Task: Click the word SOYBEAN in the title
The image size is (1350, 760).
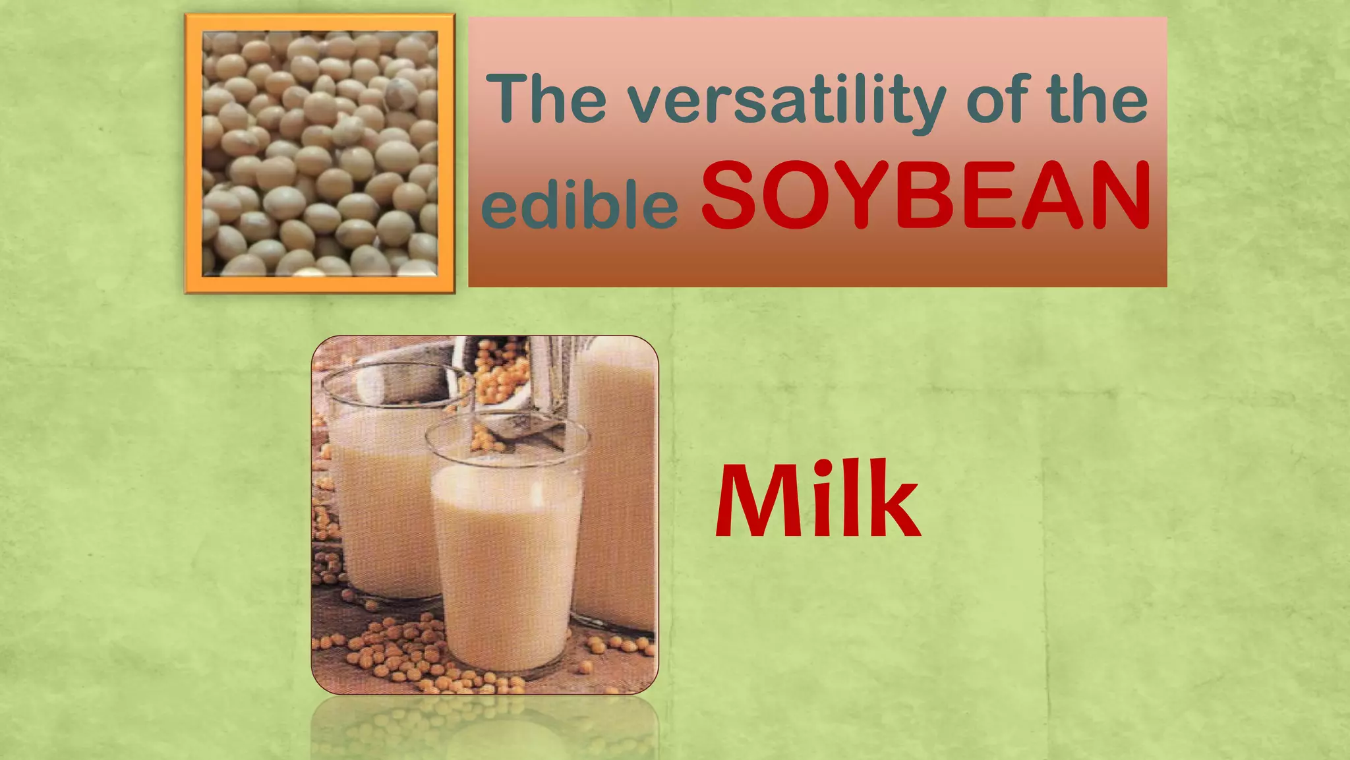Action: [x=926, y=196]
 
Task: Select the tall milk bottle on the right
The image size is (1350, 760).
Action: [x=616, y=481]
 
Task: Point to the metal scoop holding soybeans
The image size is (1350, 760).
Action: [x=501, y=389]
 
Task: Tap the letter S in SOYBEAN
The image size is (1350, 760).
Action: [x=729, y=196]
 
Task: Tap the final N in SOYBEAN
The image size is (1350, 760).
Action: [x=1119, y=196]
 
